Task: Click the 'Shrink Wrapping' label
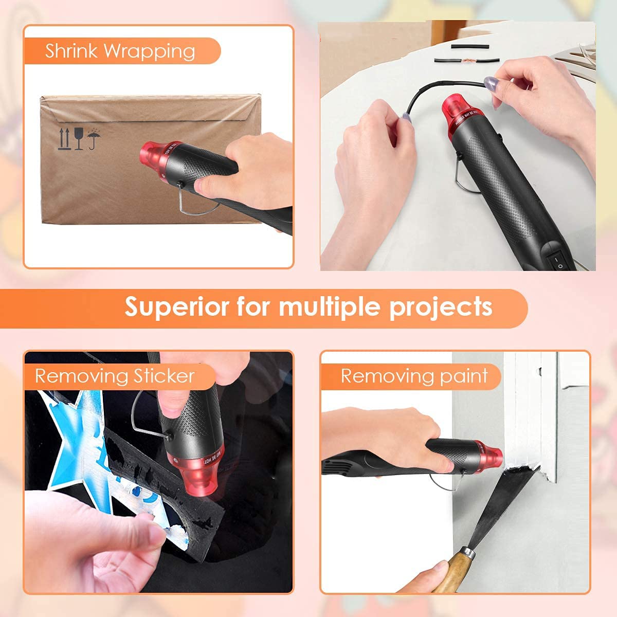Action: coord(120,51)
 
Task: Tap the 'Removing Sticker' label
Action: coord(115,376)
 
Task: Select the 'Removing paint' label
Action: coord(414,376)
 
